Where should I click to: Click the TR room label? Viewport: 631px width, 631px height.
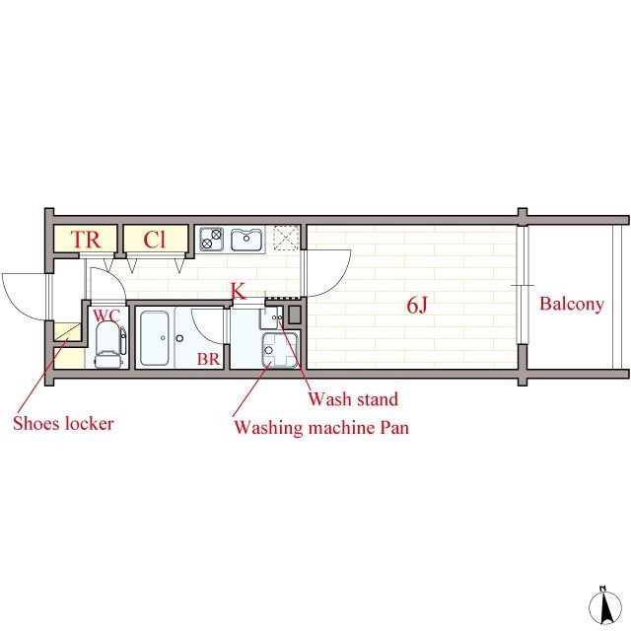tap(86, 240)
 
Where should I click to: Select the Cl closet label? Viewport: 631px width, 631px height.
tap(155, 240)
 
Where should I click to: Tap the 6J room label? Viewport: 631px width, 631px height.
tap(416, 305)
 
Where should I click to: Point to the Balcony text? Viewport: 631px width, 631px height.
tap(572, 305)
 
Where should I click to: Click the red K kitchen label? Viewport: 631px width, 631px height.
tap(239, 292)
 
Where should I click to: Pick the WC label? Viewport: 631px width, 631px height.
tap(106, 315)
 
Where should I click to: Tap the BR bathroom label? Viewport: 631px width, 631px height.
tap(208, 359)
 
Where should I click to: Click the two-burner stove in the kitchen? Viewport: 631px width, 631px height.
tap(212, 239)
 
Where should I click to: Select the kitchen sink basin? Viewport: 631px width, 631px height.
tap(246, 240)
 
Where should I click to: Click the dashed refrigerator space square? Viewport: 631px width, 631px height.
tap(286, 240)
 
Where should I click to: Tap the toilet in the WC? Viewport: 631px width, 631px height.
tap(108, 345)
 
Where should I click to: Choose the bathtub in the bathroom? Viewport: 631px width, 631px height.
tap(154, 338)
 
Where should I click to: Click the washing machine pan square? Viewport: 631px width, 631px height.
tap(280, 350)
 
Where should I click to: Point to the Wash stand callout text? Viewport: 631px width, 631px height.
tap(353, 399)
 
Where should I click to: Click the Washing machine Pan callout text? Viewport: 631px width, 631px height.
tap(321, 427)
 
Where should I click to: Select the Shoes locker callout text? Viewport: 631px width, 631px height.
tap(63, 423)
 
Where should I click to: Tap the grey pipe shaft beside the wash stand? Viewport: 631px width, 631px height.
tap(295, 315)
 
